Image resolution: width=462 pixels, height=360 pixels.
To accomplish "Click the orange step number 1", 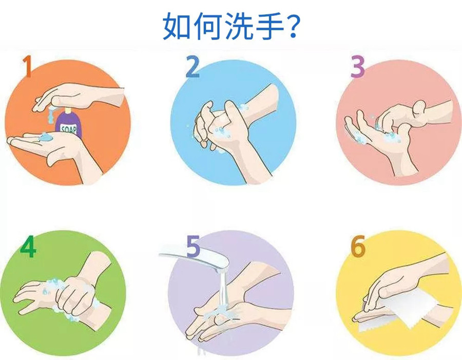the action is (27, 66).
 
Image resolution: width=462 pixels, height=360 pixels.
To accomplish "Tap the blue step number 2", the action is (193, 67).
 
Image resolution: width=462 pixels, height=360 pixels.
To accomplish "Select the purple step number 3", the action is (358, 67).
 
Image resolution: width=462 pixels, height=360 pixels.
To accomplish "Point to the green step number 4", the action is (28, 246).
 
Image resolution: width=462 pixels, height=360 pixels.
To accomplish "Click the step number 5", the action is (194, 246).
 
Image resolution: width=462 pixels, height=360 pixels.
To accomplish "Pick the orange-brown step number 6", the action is (358, 246).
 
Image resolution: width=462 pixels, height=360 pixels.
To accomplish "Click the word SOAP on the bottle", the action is (68, 129).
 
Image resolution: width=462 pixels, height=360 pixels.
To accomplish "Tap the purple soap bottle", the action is (69, 123).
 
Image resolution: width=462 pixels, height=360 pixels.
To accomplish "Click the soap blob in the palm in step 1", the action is (45, 136).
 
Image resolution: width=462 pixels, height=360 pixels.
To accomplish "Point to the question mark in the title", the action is (293, 26).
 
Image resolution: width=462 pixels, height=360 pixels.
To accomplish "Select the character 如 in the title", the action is (177, 26).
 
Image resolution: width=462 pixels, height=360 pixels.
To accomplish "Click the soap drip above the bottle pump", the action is (51, 115).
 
